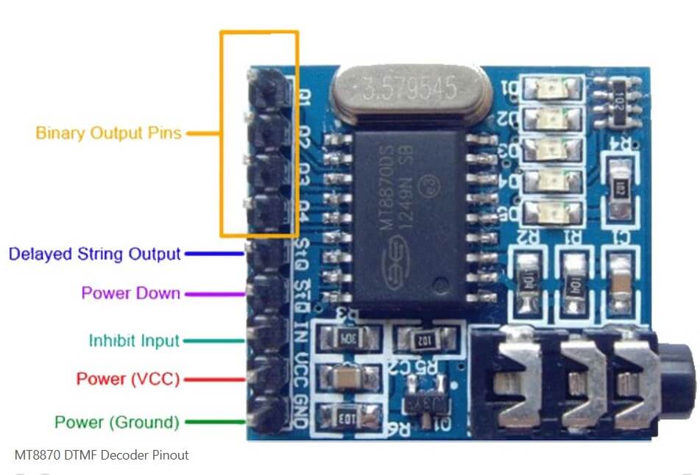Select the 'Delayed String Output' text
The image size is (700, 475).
[x=94, y=254]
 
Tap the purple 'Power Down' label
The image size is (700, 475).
[x=131, y=293]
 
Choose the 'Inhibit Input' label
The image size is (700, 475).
[x=134, y=340]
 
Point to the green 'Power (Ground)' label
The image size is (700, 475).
[x=117, y=422]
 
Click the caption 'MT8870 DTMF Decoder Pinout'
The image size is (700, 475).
[x=102, y=455]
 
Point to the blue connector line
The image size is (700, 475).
[x=214, y=254]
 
